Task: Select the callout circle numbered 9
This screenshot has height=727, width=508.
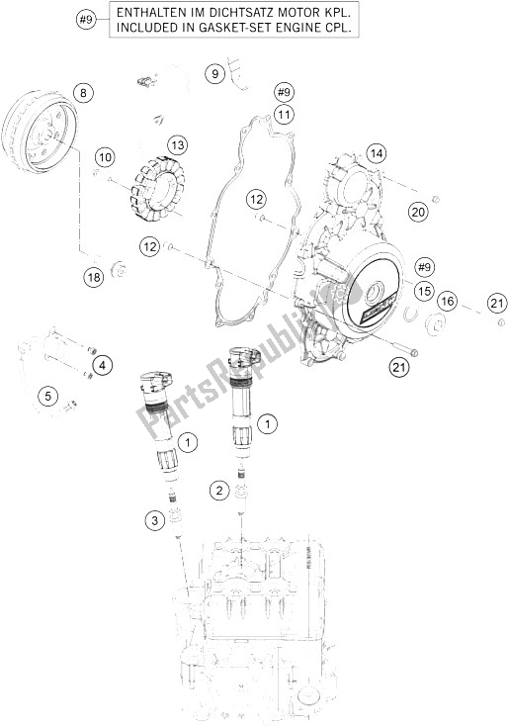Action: pyautogui.click(x=216, y=72)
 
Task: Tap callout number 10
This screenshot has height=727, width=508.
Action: pyautogui.click(x=106, y=156)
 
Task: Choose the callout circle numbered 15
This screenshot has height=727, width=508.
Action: pyautogui.click(x=423, y=292)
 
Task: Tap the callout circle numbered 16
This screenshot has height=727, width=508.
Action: pyautogui.click(x=447, y=301)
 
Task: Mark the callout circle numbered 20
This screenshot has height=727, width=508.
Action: pyautogui.click(x=417, y=212)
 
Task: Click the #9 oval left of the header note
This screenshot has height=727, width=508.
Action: pyautogui.click(x=87, y=19)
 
